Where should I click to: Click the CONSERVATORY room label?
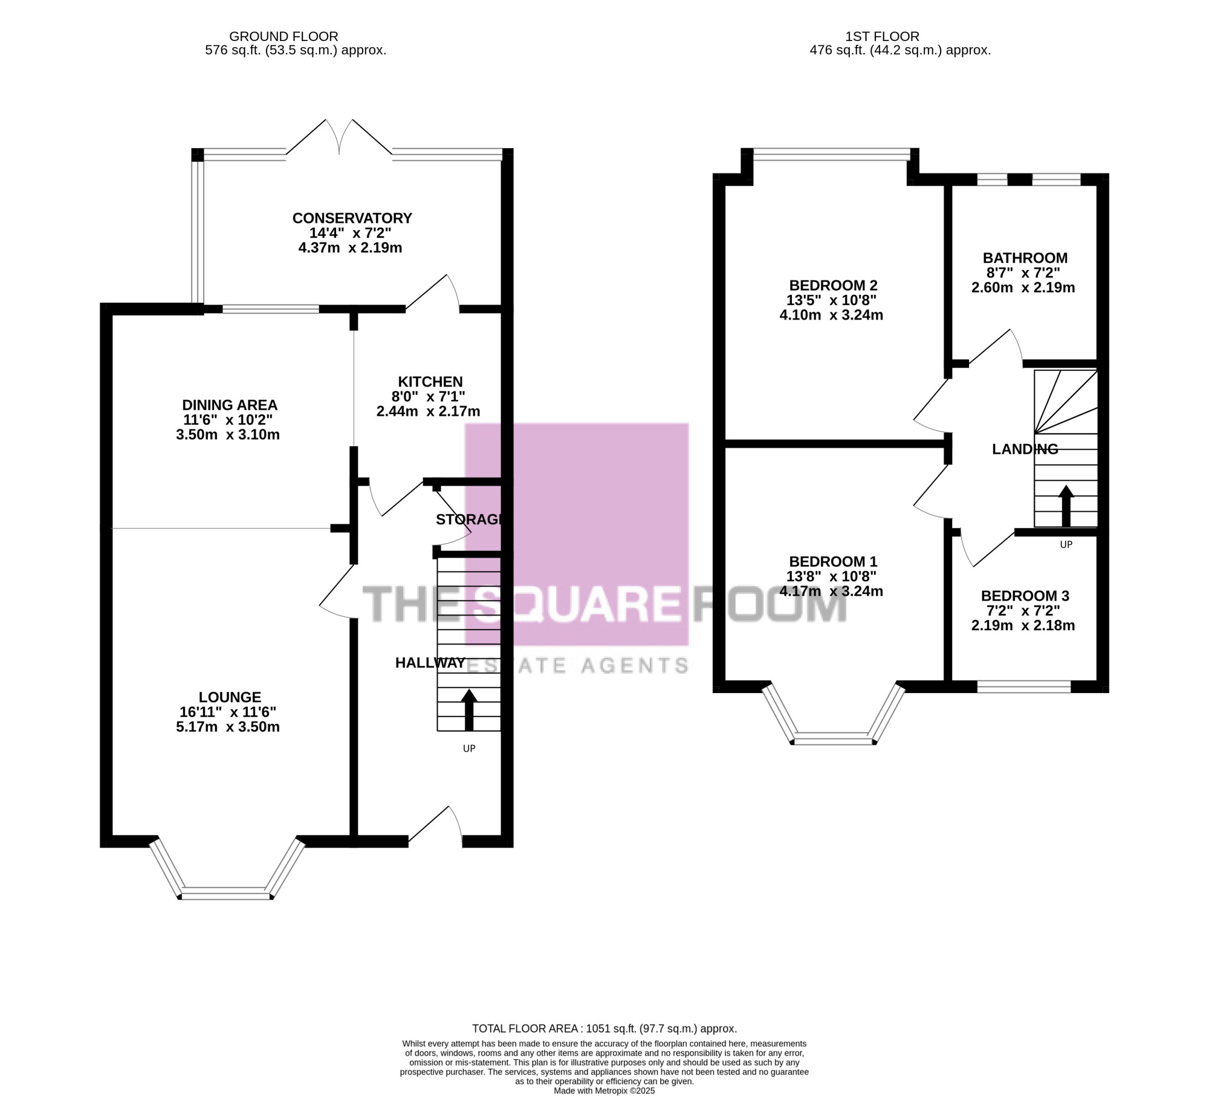352,218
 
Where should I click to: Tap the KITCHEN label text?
430,382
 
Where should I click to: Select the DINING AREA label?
230,405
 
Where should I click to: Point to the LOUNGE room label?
230,697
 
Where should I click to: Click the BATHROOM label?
1025,258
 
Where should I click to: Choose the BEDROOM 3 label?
1025,596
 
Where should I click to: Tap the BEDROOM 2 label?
834,285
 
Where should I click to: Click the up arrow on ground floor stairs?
469,711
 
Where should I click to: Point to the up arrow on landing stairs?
1066,506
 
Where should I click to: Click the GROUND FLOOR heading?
284,37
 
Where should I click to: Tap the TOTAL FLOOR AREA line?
604,1028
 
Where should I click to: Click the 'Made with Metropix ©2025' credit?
604,1091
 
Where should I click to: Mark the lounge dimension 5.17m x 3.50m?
228,727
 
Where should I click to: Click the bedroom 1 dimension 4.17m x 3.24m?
831,592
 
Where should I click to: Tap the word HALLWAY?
430,663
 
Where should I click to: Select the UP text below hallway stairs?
469,749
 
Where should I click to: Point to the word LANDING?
1025,449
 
